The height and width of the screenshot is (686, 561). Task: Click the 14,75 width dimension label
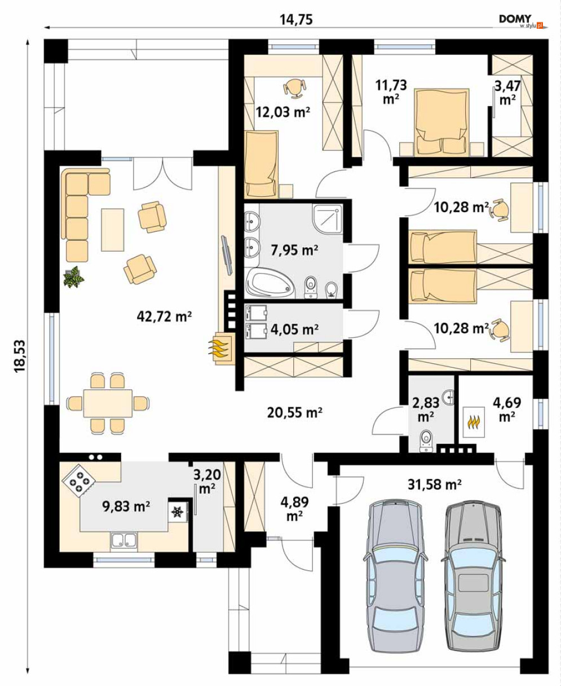pyautogui.click(x=296, y=20)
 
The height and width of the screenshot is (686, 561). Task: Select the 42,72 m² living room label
pyautogui.click(x=165, y=316)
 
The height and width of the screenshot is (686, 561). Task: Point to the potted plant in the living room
pyautogui.click(x=74, y=277)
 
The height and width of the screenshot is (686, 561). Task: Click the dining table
pyautogui.click(x=108, y=403)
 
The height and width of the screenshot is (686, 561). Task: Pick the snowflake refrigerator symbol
pyautogui.click(x=177, y=512)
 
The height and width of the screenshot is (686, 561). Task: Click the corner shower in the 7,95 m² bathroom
pyautogui.click(x=328, y=219)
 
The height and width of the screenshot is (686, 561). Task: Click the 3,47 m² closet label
pyautogui.click(x=507, y=93)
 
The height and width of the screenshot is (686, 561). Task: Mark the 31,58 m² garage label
pyautogui.click(x=435, y=485)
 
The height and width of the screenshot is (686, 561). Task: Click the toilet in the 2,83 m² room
pyautogui.click(x=426, y=440)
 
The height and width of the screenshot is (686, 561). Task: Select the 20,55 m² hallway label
pyautogui.click(x=295, y=413)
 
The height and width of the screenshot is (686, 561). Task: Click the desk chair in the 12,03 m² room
pyautogui.click(x=295, y=88)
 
